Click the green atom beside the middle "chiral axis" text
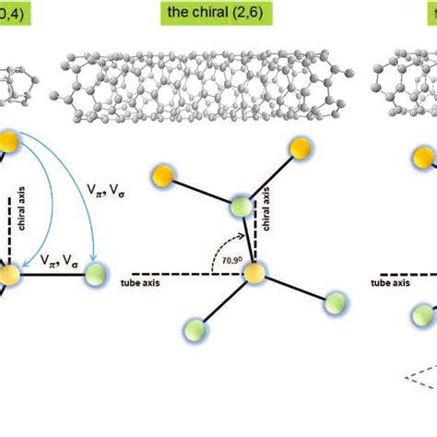[x=242, y=207]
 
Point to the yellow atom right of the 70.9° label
[x=254, y=273]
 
